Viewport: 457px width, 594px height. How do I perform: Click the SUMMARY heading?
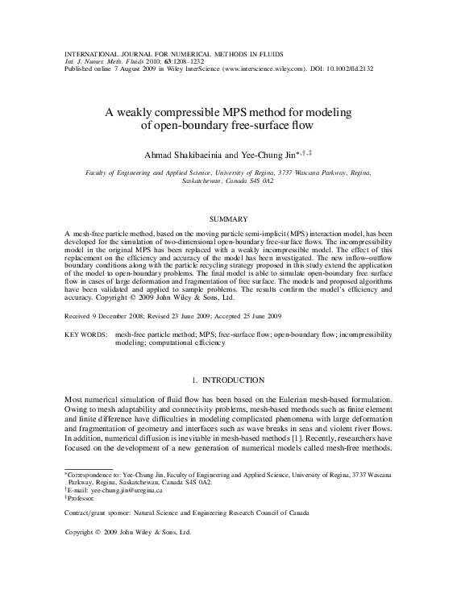click(x=228, y=219)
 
